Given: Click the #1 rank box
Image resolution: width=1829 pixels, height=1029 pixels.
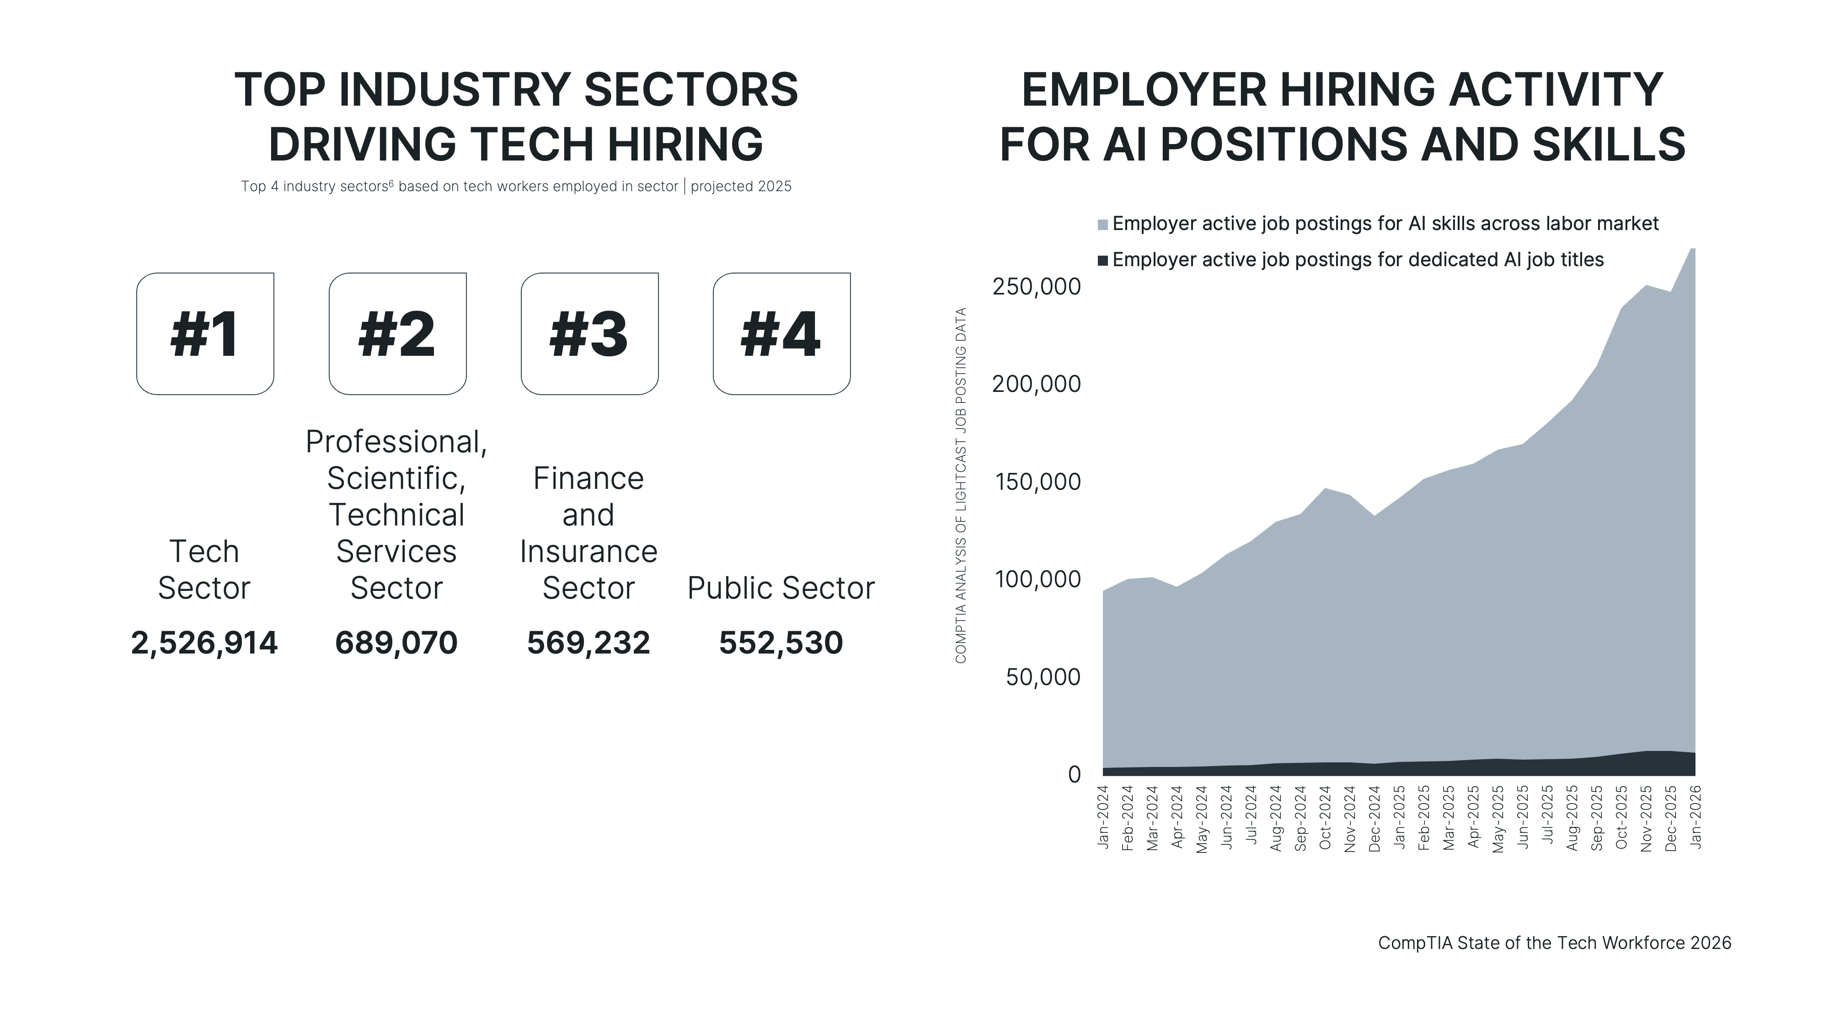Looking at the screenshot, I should [x=205, y=334].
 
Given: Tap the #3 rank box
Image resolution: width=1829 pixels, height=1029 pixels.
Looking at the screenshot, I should [x=589, y=334].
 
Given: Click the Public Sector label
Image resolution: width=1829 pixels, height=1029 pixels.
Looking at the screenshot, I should [x=781, y=588].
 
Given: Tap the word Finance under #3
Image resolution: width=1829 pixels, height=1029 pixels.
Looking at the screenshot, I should [x=588, y=479].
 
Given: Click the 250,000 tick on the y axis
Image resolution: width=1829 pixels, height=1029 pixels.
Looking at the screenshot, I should [x=1036, y=287].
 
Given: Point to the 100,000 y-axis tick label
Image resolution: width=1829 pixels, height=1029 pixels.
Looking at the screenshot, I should [x=1038, y=579].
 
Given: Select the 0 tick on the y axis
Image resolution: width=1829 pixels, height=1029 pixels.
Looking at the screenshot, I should [x=1074, y=775].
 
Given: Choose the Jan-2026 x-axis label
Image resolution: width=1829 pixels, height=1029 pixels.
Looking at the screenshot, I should [x=1695, y=817].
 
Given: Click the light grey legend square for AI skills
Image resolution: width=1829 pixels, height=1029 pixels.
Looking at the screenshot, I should [x=1102, y=225].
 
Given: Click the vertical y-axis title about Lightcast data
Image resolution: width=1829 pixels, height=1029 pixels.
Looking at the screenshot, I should [x=961, y=486].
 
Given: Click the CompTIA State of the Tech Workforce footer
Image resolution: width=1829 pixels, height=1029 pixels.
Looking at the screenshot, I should [x=1554, y=943].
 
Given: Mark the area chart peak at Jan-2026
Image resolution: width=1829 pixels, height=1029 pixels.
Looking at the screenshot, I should [x=1693, y=250].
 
